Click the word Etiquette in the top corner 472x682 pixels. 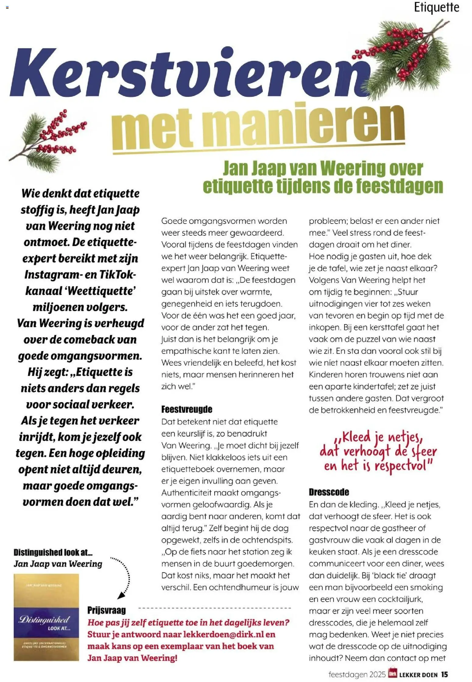click(436, 7)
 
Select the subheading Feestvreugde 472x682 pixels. click(187, 409)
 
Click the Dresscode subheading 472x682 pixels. click(329, 492)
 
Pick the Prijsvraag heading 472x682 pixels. click(106, 610)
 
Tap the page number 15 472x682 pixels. click(444, 674)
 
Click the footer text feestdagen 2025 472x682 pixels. click(357, 674)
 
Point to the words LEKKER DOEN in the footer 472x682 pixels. click(418, 675)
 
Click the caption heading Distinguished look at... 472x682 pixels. click(53, 552)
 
